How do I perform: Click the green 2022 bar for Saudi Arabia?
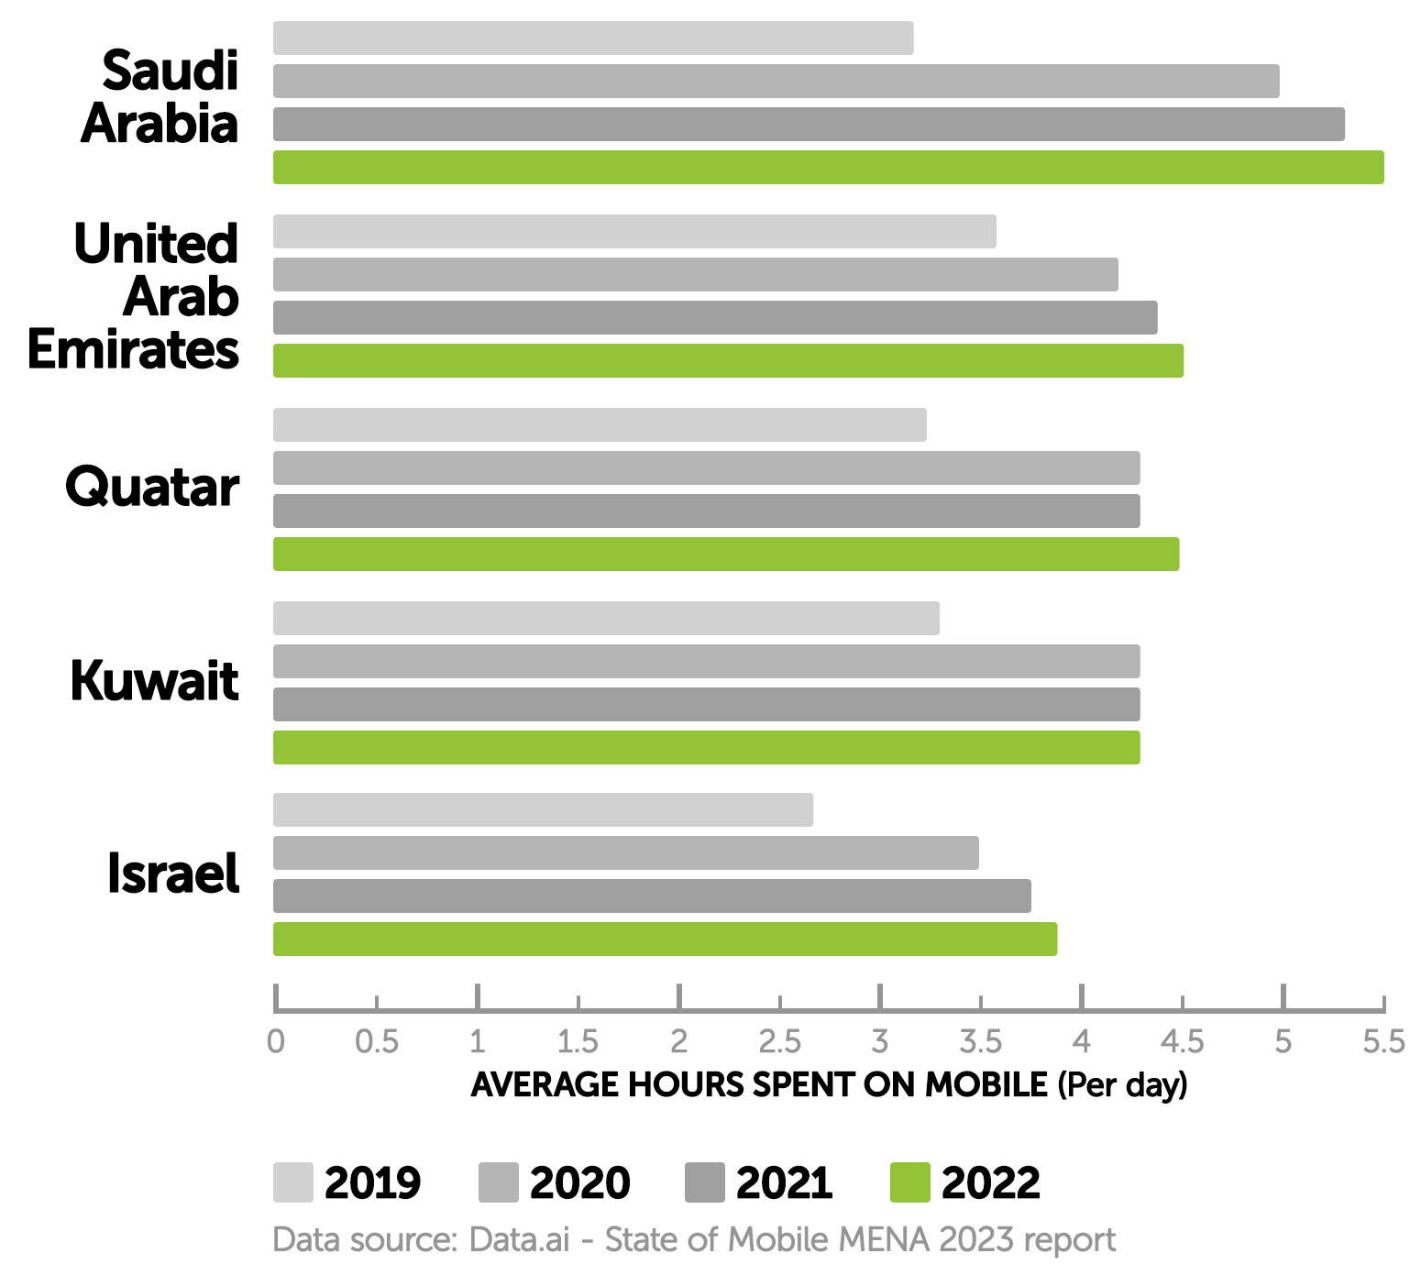828,168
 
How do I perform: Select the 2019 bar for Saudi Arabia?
593,38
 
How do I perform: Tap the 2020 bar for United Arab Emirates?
695,275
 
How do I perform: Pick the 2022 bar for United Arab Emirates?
728,361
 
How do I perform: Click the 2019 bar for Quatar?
600,425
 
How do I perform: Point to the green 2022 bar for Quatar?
726,555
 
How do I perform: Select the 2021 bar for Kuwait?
706,705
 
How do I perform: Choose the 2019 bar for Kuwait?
606,619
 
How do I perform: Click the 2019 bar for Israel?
543,810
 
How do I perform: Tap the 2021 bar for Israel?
652,896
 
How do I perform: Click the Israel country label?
172,874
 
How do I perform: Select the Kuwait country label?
154,681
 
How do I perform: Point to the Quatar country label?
152,487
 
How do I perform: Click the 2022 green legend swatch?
909,1182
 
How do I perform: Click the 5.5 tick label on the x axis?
1383,1042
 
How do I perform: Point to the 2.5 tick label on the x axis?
779,1042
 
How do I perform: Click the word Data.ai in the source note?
519,1240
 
